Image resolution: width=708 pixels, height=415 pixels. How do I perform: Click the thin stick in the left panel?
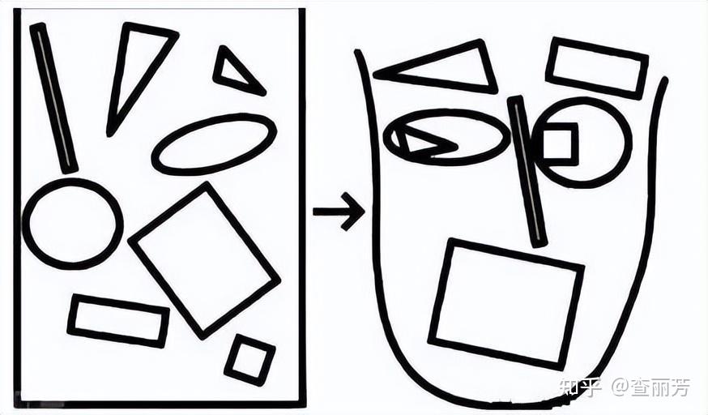[x=53, y=98]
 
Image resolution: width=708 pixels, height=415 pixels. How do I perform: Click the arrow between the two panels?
[x=339, y=212]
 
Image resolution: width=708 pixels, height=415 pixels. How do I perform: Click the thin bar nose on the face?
[x=527, y=172]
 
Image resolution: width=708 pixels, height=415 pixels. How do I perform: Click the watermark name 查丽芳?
[x=660, y=387]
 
